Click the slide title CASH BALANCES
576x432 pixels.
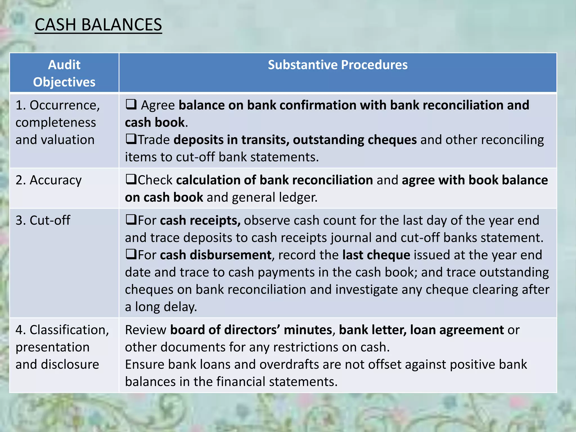[x=98, y=25]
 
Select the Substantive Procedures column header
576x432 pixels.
[x=337, y=65]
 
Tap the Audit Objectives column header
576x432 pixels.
[x=64, y=73]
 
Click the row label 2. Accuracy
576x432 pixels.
[x=49, y=180]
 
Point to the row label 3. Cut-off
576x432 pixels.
[x=43, y=220]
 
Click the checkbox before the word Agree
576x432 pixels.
[x=131, y=104]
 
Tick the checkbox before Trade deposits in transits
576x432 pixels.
[x=131, y=139]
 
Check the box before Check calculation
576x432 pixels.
[x=131, y=179]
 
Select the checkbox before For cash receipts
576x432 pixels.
[x=131, y=220]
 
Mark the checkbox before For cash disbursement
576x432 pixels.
[x=131, y=254]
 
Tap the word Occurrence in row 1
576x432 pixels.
[x=65, y=105]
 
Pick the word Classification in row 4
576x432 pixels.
[x=69, y=330]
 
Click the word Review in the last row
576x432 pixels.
[x=146, y=330]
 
